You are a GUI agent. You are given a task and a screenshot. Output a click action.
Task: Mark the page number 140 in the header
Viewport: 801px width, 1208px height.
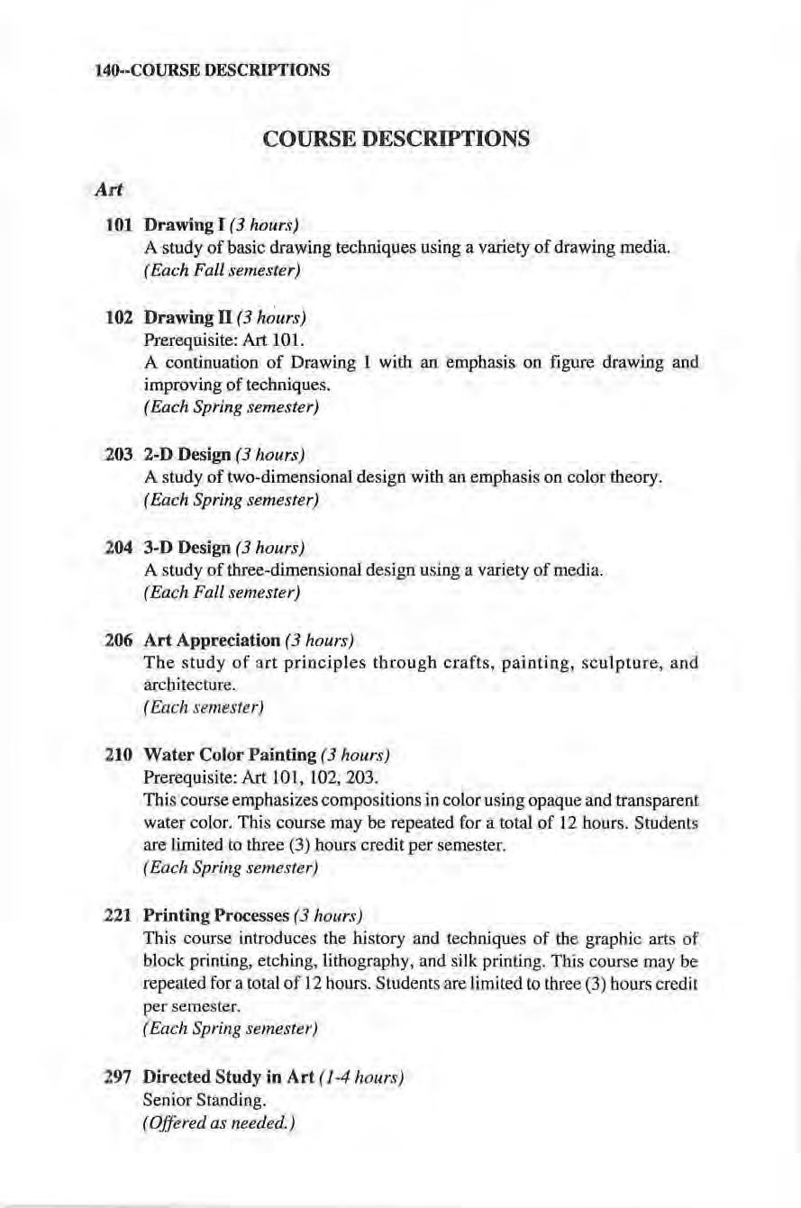pos(107,68)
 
